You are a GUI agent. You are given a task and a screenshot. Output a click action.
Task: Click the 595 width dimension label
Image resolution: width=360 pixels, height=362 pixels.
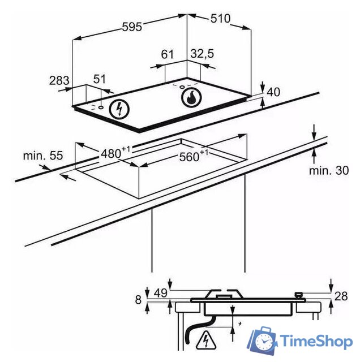pyautogui.click(x=132, y=27)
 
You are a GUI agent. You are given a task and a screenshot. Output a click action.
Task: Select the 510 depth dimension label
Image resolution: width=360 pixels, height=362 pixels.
pyautogui.click(x=220, y=18)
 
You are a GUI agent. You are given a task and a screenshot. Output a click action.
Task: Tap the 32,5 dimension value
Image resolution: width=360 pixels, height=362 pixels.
pyautogui.click(x=203, y=54)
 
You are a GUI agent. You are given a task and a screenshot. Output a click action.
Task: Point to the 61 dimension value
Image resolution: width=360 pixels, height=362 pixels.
pyautogui.click(x=168, y=54)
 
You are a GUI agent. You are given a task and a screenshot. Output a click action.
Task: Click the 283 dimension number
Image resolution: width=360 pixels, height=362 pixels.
pyautogui.click(x=59, y=80)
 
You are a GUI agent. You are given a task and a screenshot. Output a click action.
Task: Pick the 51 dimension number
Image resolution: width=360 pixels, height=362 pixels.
pyautogui.click(x=100, y=79)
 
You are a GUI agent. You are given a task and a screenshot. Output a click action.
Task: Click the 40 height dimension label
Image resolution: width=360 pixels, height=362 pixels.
pyautogui.click(x=273, y=92)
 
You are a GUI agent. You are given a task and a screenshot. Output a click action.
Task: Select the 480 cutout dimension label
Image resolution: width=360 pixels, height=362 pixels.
pyautogui.click(x=115, y=153)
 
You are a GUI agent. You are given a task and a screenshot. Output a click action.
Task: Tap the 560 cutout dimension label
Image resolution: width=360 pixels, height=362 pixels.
pyautogui.click(x=194, y=156)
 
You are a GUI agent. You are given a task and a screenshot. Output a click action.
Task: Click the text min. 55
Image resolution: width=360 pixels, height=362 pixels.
pyautogui.click(x=43, y=156)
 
